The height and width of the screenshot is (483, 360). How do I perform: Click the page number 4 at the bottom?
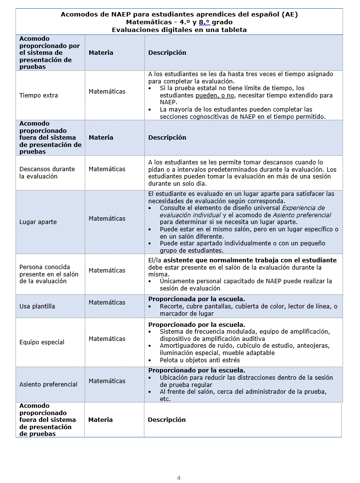(179, 478)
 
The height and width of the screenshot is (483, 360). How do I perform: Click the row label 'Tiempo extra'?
(39, 96)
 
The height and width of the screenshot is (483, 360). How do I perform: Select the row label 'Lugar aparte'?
(38, 222)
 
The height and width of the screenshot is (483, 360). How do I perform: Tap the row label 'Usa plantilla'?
(37, 306)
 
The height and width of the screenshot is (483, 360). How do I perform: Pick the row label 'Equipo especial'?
(42, 342)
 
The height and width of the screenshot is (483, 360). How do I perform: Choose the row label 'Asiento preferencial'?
(48, 385)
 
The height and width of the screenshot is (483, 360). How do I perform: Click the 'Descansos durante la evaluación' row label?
(47, 173)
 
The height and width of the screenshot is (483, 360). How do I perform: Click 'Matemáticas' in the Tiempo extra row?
(107, 92)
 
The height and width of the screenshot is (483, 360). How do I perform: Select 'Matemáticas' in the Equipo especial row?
(107, 339)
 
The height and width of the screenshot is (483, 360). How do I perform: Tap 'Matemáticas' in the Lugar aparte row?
(107, 219)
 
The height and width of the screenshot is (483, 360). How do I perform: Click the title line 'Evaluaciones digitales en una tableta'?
(179, 30)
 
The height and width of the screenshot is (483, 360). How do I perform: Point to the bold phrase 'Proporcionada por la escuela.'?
(196, 299)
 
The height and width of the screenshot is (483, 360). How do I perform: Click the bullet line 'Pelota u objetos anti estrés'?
(200, 360)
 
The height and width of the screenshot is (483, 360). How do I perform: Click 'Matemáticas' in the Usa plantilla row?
(107, 303)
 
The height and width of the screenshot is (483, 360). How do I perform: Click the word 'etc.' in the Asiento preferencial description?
(165, 399)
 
